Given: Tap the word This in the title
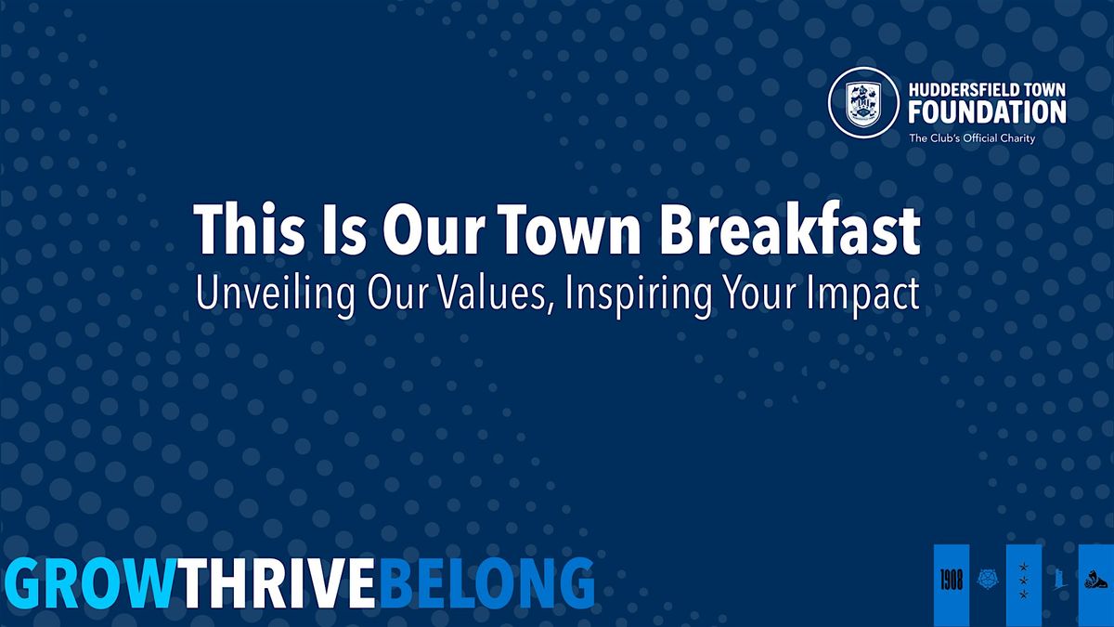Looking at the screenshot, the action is [249, 229].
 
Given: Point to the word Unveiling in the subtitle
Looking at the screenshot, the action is [275, 294].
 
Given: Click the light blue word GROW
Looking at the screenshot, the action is [91, 582].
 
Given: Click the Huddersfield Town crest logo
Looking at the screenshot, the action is [862, 102].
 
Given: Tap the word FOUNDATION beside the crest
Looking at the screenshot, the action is [987, 111].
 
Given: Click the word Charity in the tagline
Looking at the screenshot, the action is [1018, 138].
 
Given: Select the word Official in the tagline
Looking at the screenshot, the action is [980, 137].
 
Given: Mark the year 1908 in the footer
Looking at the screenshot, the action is [952, 581].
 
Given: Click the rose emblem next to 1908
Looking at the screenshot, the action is [988, 580].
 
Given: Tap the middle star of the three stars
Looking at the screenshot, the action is [1024, 581].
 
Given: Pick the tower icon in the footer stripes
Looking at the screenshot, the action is [1060, 580].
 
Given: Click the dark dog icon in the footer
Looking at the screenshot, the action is [1096, 581].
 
